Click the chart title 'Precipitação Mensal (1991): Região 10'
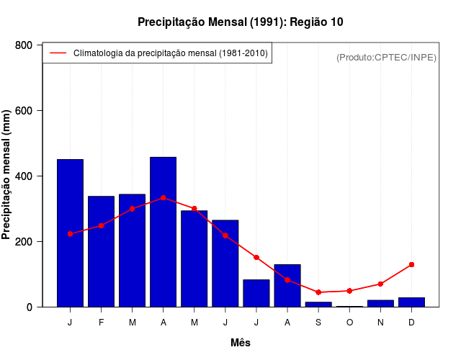pyautogui.click(x=240, y=22)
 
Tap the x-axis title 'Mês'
pyautogui.click(x=240, y=343)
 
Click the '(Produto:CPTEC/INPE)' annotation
pyautogui.click(x=386, y=57)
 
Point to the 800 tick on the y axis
pyautogui.click(x=24, y=45)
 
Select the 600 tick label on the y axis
pyautogui.click(x=24, y=111)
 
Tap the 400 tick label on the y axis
pyautogui.click(x=24, y=176)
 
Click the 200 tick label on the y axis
pyautogui.click(x=24, y=242)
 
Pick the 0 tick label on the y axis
pyautogui.click(x=29, y=307)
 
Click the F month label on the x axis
pyautogui.click(x=102, y=323)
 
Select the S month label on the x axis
pyautogui.click(x=318, y=323)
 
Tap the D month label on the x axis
pyautogui.click(x=411, y=323)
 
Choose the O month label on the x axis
pyautogui.click(x=349, y=323)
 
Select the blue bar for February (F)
pyautogui.click(x=102, y=252)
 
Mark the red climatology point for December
pyautogui.click(x=411, y=265)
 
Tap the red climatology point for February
pyautogui.click(x=102, y=226)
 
